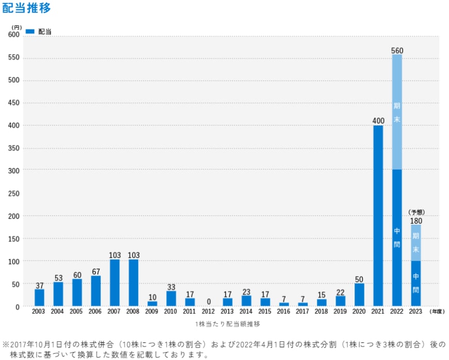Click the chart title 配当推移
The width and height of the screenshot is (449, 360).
(26, 9)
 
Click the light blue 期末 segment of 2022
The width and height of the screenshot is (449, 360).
(397, 111)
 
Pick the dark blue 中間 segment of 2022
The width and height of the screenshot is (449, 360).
(397, 237)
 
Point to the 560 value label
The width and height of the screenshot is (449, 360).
(397, 51)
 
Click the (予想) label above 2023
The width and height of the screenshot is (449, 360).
(415, 212)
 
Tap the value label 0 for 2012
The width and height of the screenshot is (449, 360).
(209, 302)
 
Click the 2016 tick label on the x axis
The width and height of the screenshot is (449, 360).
(284, 312)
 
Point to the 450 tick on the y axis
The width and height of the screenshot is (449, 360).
(14, 103)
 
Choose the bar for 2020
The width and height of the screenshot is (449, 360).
(359, 294)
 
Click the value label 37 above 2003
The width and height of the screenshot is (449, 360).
(40, 285)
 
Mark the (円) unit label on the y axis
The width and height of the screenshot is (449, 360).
(17, 27)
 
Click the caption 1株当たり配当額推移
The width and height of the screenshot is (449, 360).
(228, 324)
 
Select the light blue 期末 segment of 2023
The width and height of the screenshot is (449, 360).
(416, 242)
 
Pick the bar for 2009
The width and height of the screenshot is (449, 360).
(152, 304)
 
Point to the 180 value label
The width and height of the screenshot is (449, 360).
(416, 221)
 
